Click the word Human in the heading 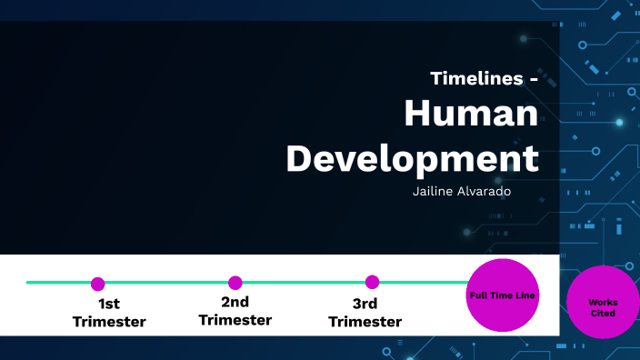[471, 115]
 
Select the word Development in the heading [412, 157]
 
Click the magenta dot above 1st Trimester [98, 284]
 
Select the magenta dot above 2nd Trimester [235, 283]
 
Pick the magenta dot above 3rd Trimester [372, 282]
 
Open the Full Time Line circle [503, 295]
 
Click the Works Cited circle [602, 303]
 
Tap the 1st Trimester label [109, 313]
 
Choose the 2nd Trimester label [235, 311]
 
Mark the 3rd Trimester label [365, 313]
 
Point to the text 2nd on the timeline [235, 302]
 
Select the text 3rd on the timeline [365, 304]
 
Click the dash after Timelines [532, 79]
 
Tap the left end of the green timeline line [28, 283]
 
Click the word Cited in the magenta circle [603, 313]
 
